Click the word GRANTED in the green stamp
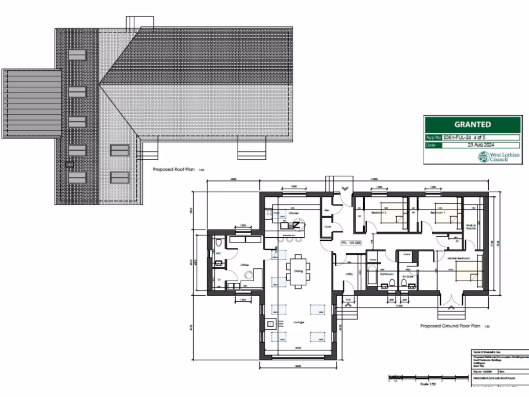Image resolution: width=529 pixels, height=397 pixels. [x=472, y=125]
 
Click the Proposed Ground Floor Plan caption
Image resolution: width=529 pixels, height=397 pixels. [x=450, y=326]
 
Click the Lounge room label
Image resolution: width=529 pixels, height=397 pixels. [x=298, y=323]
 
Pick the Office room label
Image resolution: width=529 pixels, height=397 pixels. [x=244, y=265]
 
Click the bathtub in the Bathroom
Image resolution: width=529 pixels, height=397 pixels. [x=371, y=274]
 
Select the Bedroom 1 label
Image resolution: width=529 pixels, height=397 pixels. [x=438, y=212]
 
